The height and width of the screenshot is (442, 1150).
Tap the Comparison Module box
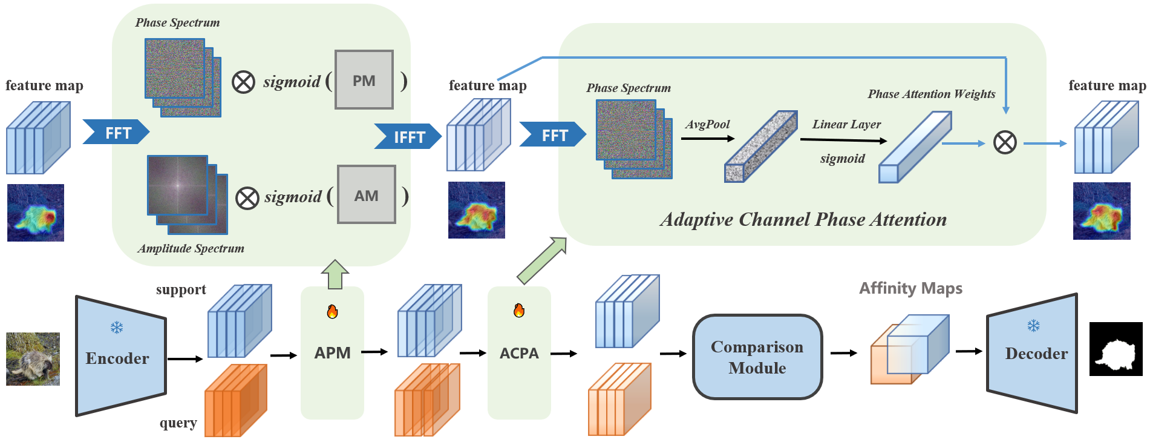(757, 357)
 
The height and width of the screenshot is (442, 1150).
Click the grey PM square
(364, 80)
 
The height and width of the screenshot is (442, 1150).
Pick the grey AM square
(367, 195)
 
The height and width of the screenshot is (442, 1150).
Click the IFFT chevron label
(408, 137)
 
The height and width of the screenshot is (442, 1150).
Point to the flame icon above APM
(332, 312)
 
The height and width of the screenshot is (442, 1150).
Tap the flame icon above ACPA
(519, 311)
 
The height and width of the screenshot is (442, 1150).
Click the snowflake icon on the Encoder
(117, 328)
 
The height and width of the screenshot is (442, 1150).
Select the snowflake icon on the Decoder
(1033, 326)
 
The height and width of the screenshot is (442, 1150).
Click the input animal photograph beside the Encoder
(33, 358)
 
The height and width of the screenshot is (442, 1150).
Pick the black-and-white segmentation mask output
(1116, 349)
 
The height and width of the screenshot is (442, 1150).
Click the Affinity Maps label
(910, 288)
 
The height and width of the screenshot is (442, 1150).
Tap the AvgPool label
(707, 124)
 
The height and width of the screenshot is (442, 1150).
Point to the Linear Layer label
(846, 124)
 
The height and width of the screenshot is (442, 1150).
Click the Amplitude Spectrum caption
(191, 248)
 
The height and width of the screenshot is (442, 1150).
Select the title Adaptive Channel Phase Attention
(803, 219)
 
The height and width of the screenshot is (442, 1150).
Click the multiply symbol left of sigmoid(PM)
(243, 82)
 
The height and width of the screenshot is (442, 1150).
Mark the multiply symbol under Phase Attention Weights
(1005, 143)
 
